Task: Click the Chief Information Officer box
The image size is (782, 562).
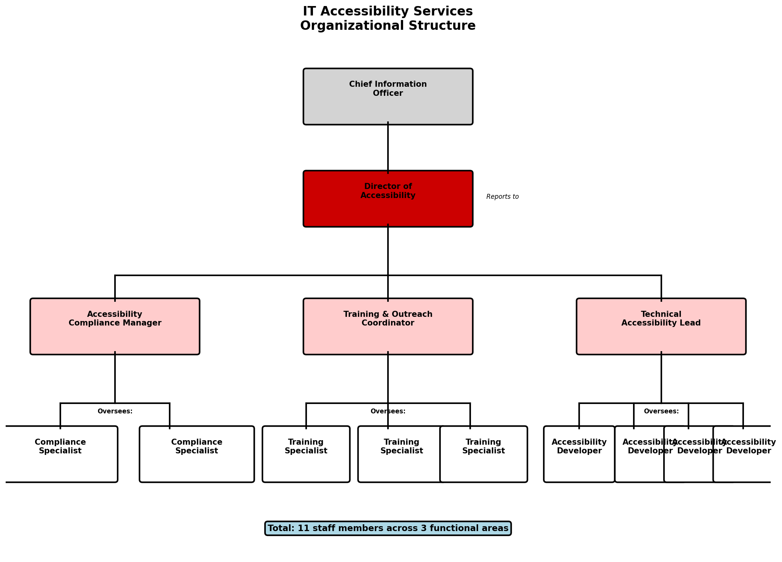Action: click(x=388, y=97)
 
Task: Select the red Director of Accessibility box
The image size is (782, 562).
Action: click(x=388, y=199)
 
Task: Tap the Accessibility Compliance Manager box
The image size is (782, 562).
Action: click(x=115, y=327)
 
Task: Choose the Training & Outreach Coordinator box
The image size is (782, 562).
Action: click(x=388, y=327)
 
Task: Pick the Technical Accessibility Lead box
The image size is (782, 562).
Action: click(x=661, y=327)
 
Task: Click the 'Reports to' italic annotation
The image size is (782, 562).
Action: click(x=502, y=197)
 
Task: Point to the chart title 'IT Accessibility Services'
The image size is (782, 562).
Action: click(x=388, y=11)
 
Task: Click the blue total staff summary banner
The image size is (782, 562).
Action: click(x=388, y=528)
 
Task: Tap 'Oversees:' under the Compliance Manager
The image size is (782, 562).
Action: click(x=115, y=412)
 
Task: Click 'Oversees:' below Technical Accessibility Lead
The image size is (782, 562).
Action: click(x=661, y=412)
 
